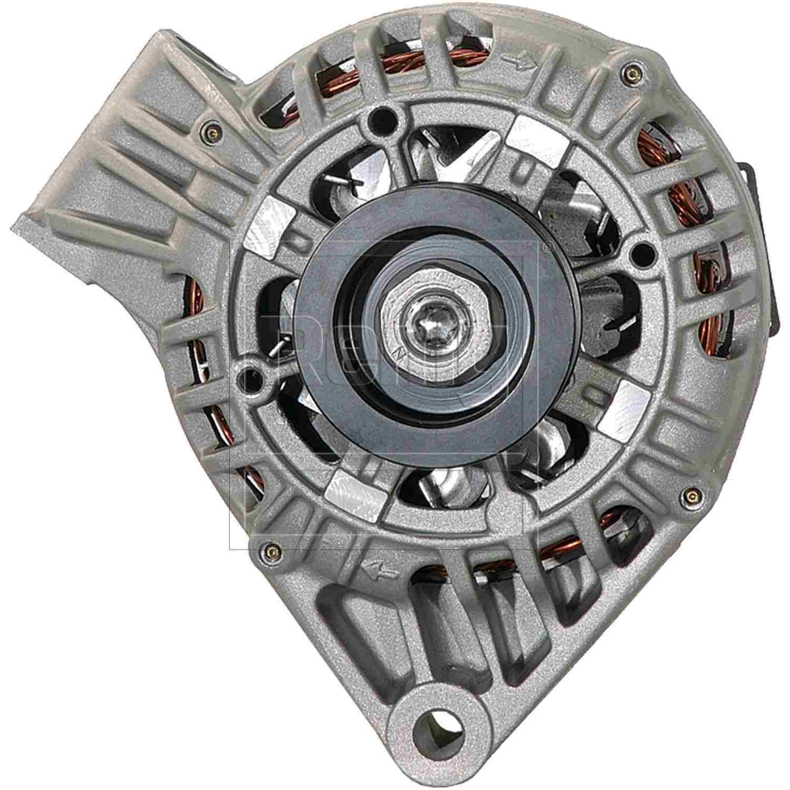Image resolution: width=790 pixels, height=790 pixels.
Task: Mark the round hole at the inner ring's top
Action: [x=383, y=117]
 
